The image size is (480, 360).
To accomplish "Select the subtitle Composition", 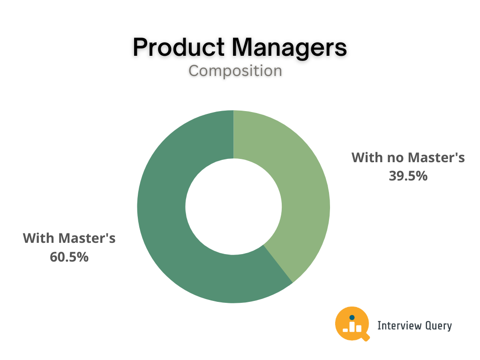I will tap(235, 71).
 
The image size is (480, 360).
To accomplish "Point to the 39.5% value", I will tap(408, 176).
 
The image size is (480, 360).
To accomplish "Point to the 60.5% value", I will tap(69, 257).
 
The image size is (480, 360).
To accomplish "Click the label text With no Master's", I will tap(408, 157).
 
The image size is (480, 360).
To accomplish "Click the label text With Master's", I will tap(69, 238).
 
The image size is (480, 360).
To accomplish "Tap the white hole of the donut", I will tap(233, 206).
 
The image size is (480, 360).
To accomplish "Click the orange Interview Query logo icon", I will tap(352, 323).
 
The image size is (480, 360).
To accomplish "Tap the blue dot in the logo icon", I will tap(352, 317).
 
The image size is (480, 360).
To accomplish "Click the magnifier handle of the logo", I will tap(366, 337).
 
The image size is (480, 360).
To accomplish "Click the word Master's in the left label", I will tap(87, 238).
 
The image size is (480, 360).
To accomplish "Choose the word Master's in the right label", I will tap(436, 157).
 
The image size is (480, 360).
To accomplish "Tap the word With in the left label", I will tap(38, 238).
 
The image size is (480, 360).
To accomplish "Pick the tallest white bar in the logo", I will tap(352, 327).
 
